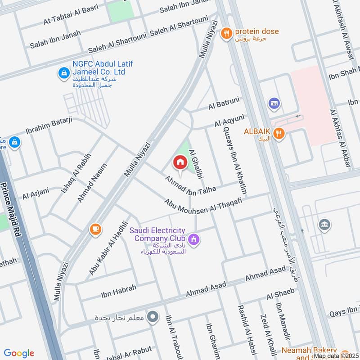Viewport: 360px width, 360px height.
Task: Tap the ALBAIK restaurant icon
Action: pos(279,133)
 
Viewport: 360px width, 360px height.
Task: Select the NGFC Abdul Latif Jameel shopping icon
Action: pos(64,72)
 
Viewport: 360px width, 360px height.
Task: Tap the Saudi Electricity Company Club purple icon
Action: pos(193,239)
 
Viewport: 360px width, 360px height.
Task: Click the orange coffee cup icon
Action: pos(95,229)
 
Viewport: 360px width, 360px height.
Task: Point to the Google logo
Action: pos(19,353)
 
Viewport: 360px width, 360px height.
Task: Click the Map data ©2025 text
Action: pos(336,355)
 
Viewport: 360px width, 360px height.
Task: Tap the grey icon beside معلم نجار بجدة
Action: pos(153,317)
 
